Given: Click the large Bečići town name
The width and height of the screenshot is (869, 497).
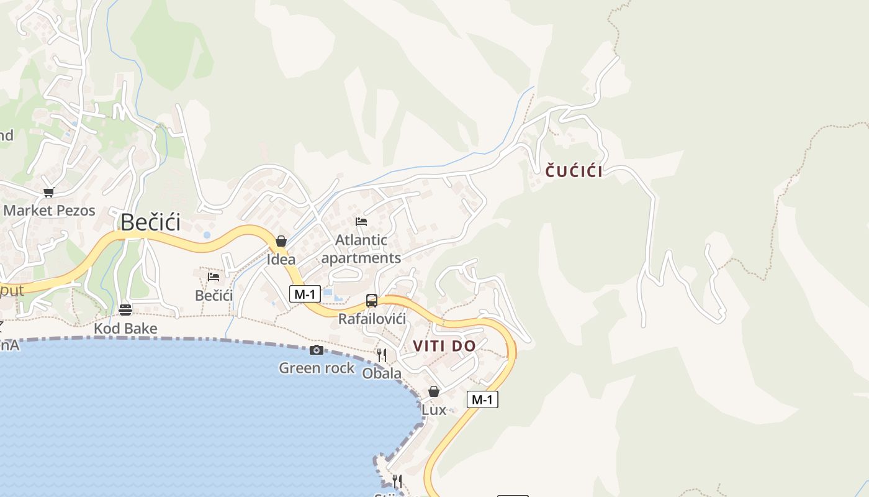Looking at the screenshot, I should pos(150,222).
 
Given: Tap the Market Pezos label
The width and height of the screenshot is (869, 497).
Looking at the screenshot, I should pos(50,210).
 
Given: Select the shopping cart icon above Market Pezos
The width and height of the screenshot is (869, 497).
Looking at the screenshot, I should pos(48,193).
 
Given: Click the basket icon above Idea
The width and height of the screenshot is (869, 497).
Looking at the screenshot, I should pos(281,241).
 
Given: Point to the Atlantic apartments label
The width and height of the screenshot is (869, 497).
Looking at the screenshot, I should pos(361,248).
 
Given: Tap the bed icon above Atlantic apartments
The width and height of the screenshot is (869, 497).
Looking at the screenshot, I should pos(361,222).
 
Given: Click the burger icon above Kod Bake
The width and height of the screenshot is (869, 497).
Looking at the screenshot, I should pos(125,309).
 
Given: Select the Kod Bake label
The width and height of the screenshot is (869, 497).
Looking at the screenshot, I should pos(125,328).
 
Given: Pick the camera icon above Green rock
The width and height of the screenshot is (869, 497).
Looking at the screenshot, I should pos(316,350).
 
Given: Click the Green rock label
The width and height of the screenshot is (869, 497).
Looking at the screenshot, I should pos(317,368).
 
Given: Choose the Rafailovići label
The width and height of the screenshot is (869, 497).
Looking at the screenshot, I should pos(372,319).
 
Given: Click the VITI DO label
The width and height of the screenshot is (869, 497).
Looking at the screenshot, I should pos(444,346).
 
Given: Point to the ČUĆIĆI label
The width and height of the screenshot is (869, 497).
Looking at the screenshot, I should pos(574,171).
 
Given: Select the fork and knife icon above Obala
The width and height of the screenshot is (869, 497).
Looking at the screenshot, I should pos(382,355).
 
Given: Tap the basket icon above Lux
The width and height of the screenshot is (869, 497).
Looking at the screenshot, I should pos(434,391).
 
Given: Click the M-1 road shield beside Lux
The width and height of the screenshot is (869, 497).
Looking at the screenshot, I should pos(482,399).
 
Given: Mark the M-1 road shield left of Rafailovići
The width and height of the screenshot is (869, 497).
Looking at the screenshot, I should pos(305,294).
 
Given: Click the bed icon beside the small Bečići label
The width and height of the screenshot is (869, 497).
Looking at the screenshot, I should pos(214,277).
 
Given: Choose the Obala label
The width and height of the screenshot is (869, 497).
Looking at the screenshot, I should pos(382,373).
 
